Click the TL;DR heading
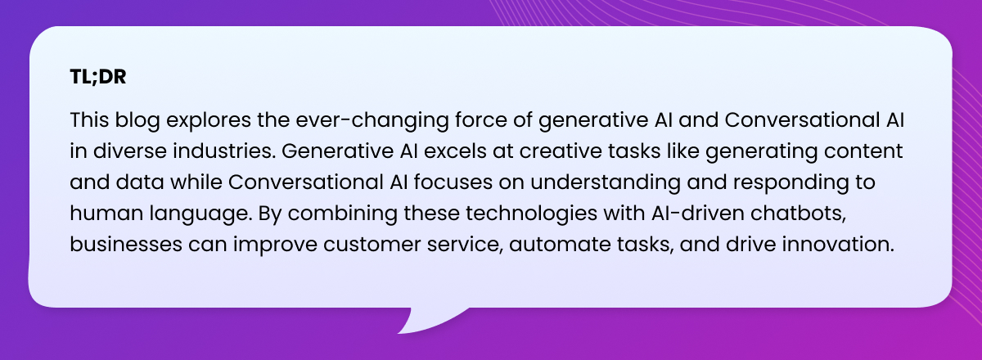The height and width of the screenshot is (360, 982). click(x=98, y=77)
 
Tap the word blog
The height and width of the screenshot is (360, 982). click(x=137, y=120)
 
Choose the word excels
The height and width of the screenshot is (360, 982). click(x=455, y=151)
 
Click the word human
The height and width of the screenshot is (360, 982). click(x=106, y=214)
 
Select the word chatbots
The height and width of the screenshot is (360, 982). click(x=798, y=214)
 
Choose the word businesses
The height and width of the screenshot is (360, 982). click(x=126, y=245)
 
